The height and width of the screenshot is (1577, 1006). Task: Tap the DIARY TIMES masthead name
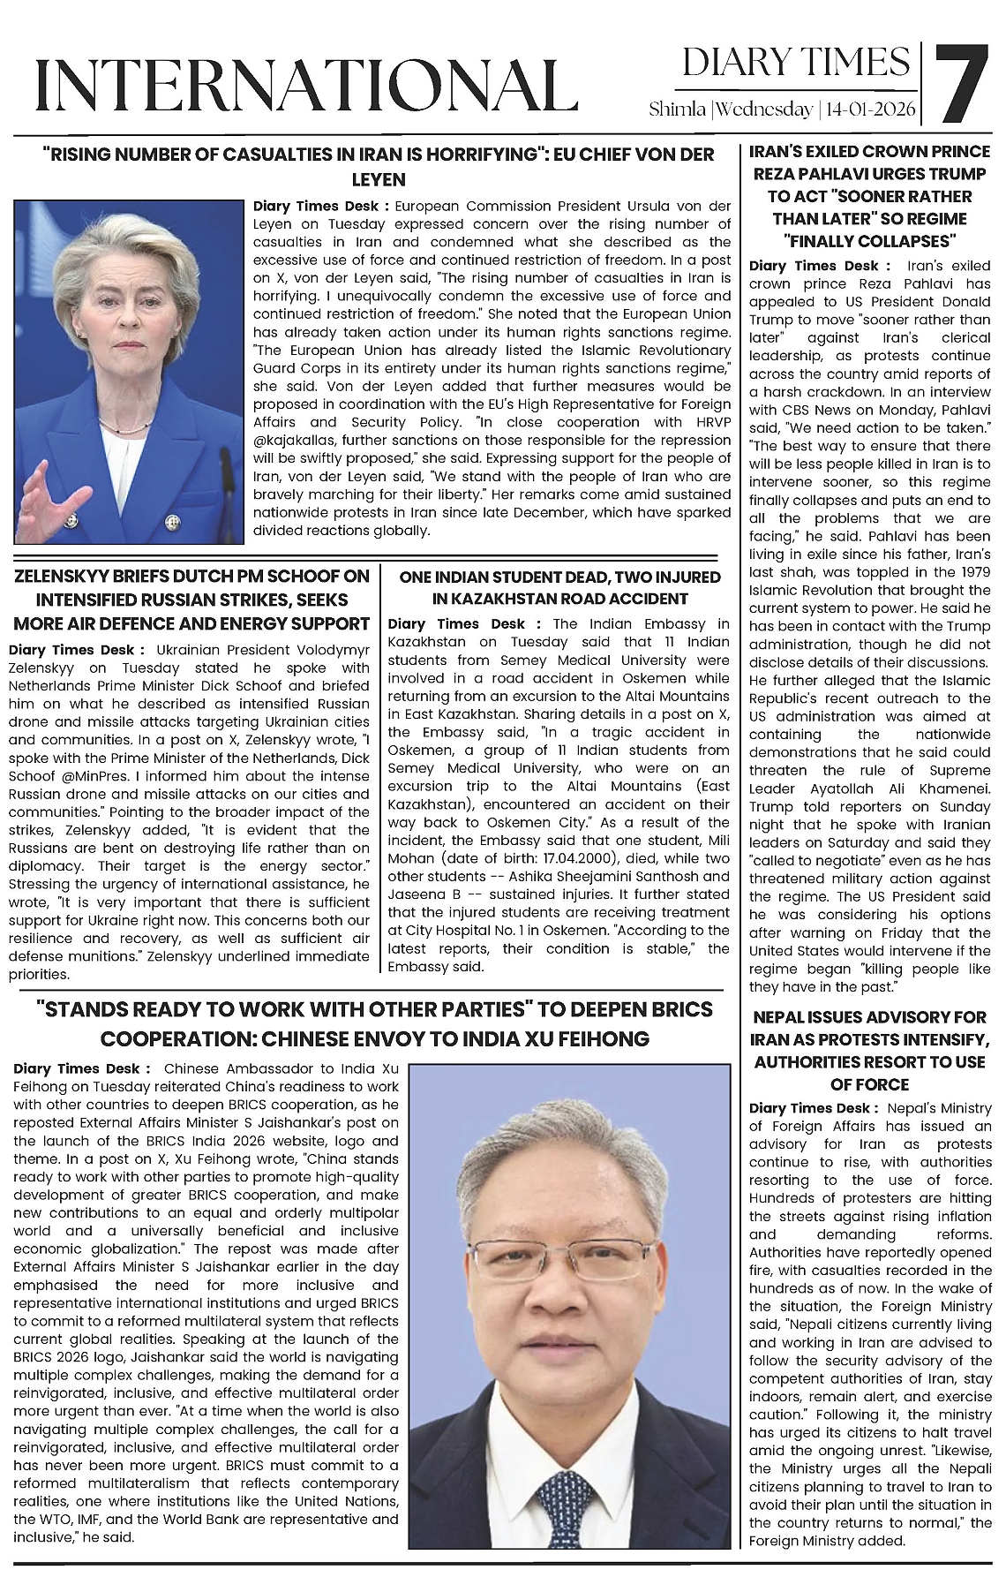[795, 62]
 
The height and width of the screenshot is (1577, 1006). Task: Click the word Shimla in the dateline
[677, 110]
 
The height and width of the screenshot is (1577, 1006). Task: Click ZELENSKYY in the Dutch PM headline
[59, 577]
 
